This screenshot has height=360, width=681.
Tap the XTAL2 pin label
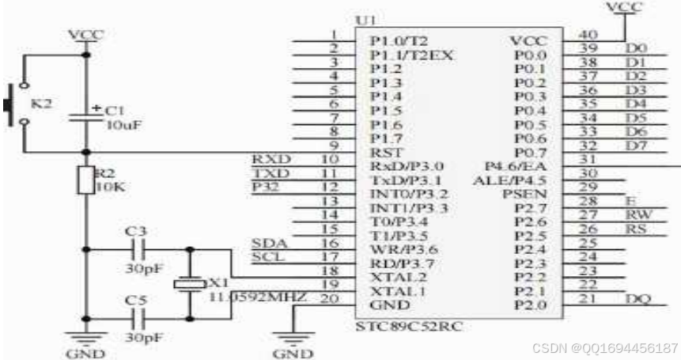[392, 276]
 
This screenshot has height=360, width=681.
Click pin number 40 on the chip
[588, 34]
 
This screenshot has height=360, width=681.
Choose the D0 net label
[636, 49]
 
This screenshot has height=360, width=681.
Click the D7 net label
[636, 145]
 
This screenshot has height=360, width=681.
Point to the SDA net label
[265, 242]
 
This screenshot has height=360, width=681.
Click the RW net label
[636, 214]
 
